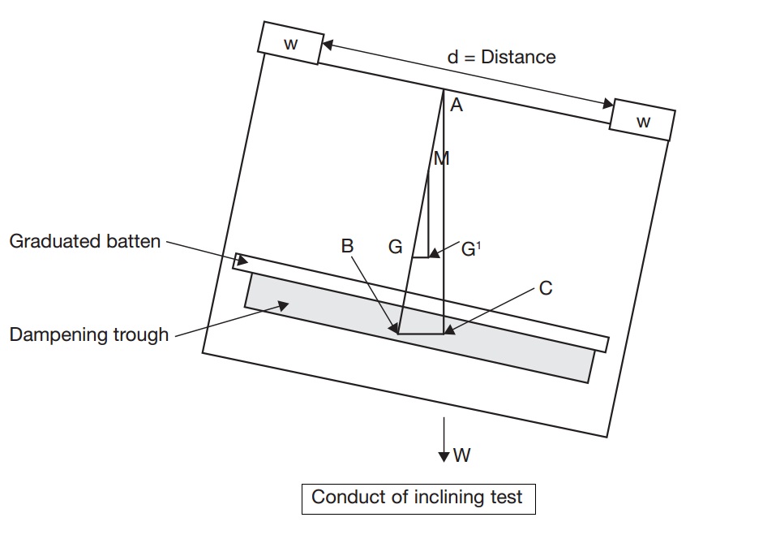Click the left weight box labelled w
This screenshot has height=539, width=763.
[x=291, y=43]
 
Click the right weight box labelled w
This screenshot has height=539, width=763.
[x=642, y=120]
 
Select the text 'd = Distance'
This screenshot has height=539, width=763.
[x=501, y=57]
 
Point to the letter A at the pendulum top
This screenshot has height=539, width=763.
[x=457, y=105]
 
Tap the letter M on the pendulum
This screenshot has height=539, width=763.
[x=442, y=159]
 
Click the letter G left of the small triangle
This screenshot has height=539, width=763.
[x=396, y=248]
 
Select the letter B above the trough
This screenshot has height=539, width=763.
[x=347, y=246]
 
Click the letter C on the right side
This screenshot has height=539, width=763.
[x=546, y=288]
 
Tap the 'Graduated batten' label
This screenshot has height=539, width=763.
[x=84, y=241]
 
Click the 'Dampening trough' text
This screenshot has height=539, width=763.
[x=89, y=334]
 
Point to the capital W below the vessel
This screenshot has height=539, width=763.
[x=461, y=455]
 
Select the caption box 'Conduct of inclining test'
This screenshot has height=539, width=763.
[x=418, y=498]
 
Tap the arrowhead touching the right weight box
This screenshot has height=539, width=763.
[x=607, y=103]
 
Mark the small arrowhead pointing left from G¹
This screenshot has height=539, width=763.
[x=434, y=253]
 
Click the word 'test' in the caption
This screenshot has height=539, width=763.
[x=508, y=498]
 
